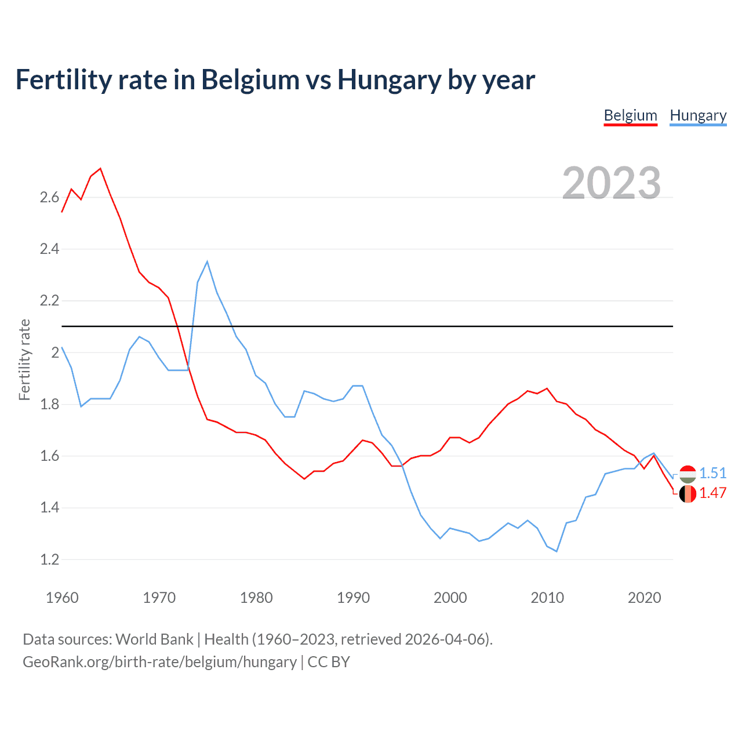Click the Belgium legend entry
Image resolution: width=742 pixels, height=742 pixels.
click(x=630, y=115)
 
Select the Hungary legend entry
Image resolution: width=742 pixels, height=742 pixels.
click(x=698, y=115)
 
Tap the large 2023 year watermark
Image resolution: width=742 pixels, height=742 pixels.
click(x=612, y=183)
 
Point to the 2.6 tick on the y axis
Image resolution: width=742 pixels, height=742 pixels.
click(x=49, y=198)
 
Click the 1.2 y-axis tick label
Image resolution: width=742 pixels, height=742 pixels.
click(x=49, y=560)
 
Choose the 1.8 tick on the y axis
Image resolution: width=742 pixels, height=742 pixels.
click(x=49, y=405)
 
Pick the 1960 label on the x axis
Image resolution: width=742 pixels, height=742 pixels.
click(x=62, y=598)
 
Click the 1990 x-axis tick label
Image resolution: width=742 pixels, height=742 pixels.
click(x=353, y=598)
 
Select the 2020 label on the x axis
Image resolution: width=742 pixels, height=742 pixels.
click(x=644, y=598)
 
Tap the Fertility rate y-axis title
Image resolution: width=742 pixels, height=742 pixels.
click(x=24, y=359)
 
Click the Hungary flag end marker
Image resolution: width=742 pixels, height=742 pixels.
click(x=688, y=474)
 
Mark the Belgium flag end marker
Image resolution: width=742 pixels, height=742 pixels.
click(x=688, y=494)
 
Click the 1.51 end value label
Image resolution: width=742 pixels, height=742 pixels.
click(x=712, y=473)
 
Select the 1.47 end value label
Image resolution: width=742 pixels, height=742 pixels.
click(x=712, y=493)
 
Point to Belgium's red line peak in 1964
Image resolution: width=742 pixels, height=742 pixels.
click(x=100, y=169)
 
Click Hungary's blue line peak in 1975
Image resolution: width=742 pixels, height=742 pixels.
click(x=207, y=261)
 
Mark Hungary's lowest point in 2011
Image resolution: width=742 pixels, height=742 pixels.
click(x=556, y=551)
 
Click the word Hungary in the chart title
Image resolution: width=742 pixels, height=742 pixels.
click(x=388, y=80)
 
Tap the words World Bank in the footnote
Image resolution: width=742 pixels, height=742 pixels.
click(x=154, y=639)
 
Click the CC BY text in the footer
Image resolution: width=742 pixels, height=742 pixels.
click(x=329, y=662)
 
